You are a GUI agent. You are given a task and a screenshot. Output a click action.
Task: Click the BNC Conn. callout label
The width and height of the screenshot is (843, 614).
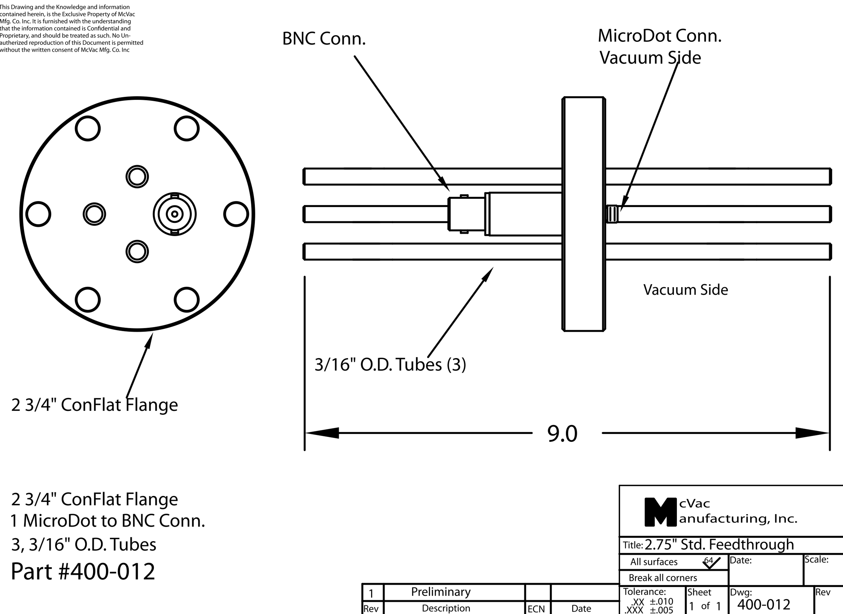[324, 39]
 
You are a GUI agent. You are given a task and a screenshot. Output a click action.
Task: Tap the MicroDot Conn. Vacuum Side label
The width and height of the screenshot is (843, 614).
[659, 47]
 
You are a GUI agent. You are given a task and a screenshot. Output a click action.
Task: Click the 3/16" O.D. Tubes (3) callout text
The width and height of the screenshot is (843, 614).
[390, 365]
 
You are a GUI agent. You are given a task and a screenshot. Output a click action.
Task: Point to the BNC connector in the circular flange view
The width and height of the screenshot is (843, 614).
[175, 214]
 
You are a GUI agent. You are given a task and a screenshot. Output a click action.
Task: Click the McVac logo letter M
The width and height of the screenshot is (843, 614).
[660, 512]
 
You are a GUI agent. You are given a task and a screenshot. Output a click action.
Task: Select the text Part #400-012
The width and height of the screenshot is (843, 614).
[83, 571]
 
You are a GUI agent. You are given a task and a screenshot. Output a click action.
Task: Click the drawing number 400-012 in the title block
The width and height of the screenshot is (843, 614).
[763, 605]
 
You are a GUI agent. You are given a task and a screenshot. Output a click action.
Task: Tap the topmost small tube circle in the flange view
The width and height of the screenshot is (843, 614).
[137, 176]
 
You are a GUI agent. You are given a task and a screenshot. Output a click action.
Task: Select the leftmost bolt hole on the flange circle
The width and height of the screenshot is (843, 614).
[38, 214]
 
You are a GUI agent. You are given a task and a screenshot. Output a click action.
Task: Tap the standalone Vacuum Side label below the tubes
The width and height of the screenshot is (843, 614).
[685, 290]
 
